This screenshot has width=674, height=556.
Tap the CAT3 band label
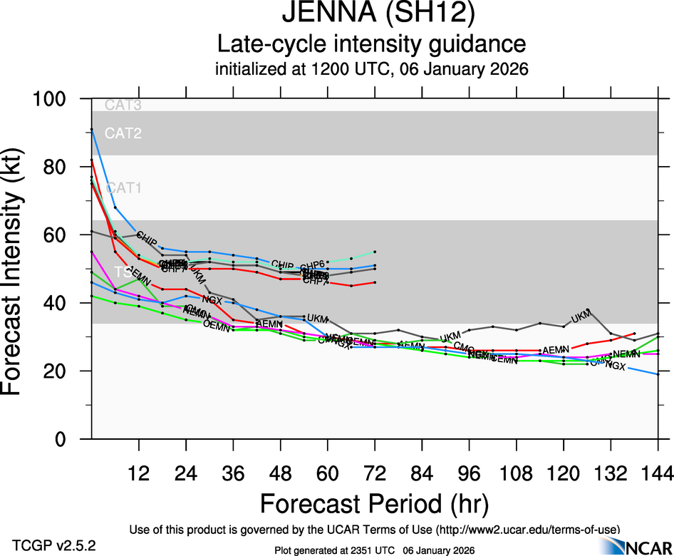[x=123, y=105]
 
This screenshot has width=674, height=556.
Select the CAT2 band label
[x=123, y=133]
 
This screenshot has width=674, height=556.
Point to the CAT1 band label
[x=123, y=188]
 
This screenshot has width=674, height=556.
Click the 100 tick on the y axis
[x=61, y=99]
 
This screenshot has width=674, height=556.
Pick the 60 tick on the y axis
[x=68, y=235]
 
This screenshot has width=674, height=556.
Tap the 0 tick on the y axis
[x=74, y=439]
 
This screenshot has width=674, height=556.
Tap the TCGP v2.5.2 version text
[x=54, y=545]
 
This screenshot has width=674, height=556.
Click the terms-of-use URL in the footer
[x=527, y=530]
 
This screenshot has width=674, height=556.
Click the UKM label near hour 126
[x=581, y=316]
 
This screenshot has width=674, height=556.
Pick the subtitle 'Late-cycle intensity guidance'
[x=371, y=44]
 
